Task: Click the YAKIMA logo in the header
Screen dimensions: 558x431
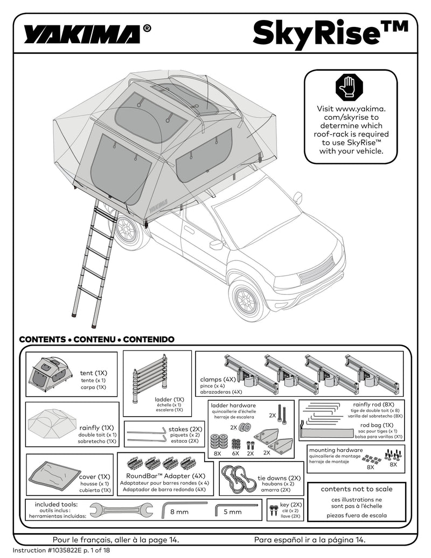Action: point(81,35)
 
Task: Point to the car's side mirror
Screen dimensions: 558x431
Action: point(217,245)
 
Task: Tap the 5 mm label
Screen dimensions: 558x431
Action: point(233,512)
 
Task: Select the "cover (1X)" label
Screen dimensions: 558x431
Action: point(95,477)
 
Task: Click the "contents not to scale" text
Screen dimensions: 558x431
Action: point(357,489)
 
